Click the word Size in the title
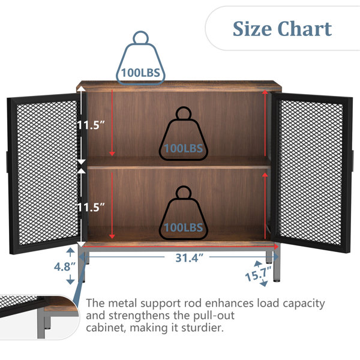252,29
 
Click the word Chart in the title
305,29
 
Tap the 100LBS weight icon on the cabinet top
140,58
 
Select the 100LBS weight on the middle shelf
183,134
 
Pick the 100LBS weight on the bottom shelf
183,213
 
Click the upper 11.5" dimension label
91,125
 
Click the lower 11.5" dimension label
91,208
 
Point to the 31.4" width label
189,258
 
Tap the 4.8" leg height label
65,267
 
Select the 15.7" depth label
258,274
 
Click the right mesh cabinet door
312,173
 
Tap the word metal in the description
122,303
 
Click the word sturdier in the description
202,328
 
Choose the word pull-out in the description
214,316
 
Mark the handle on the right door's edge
353,160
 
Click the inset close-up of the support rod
39,317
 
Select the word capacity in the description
304,304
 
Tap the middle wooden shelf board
179,163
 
